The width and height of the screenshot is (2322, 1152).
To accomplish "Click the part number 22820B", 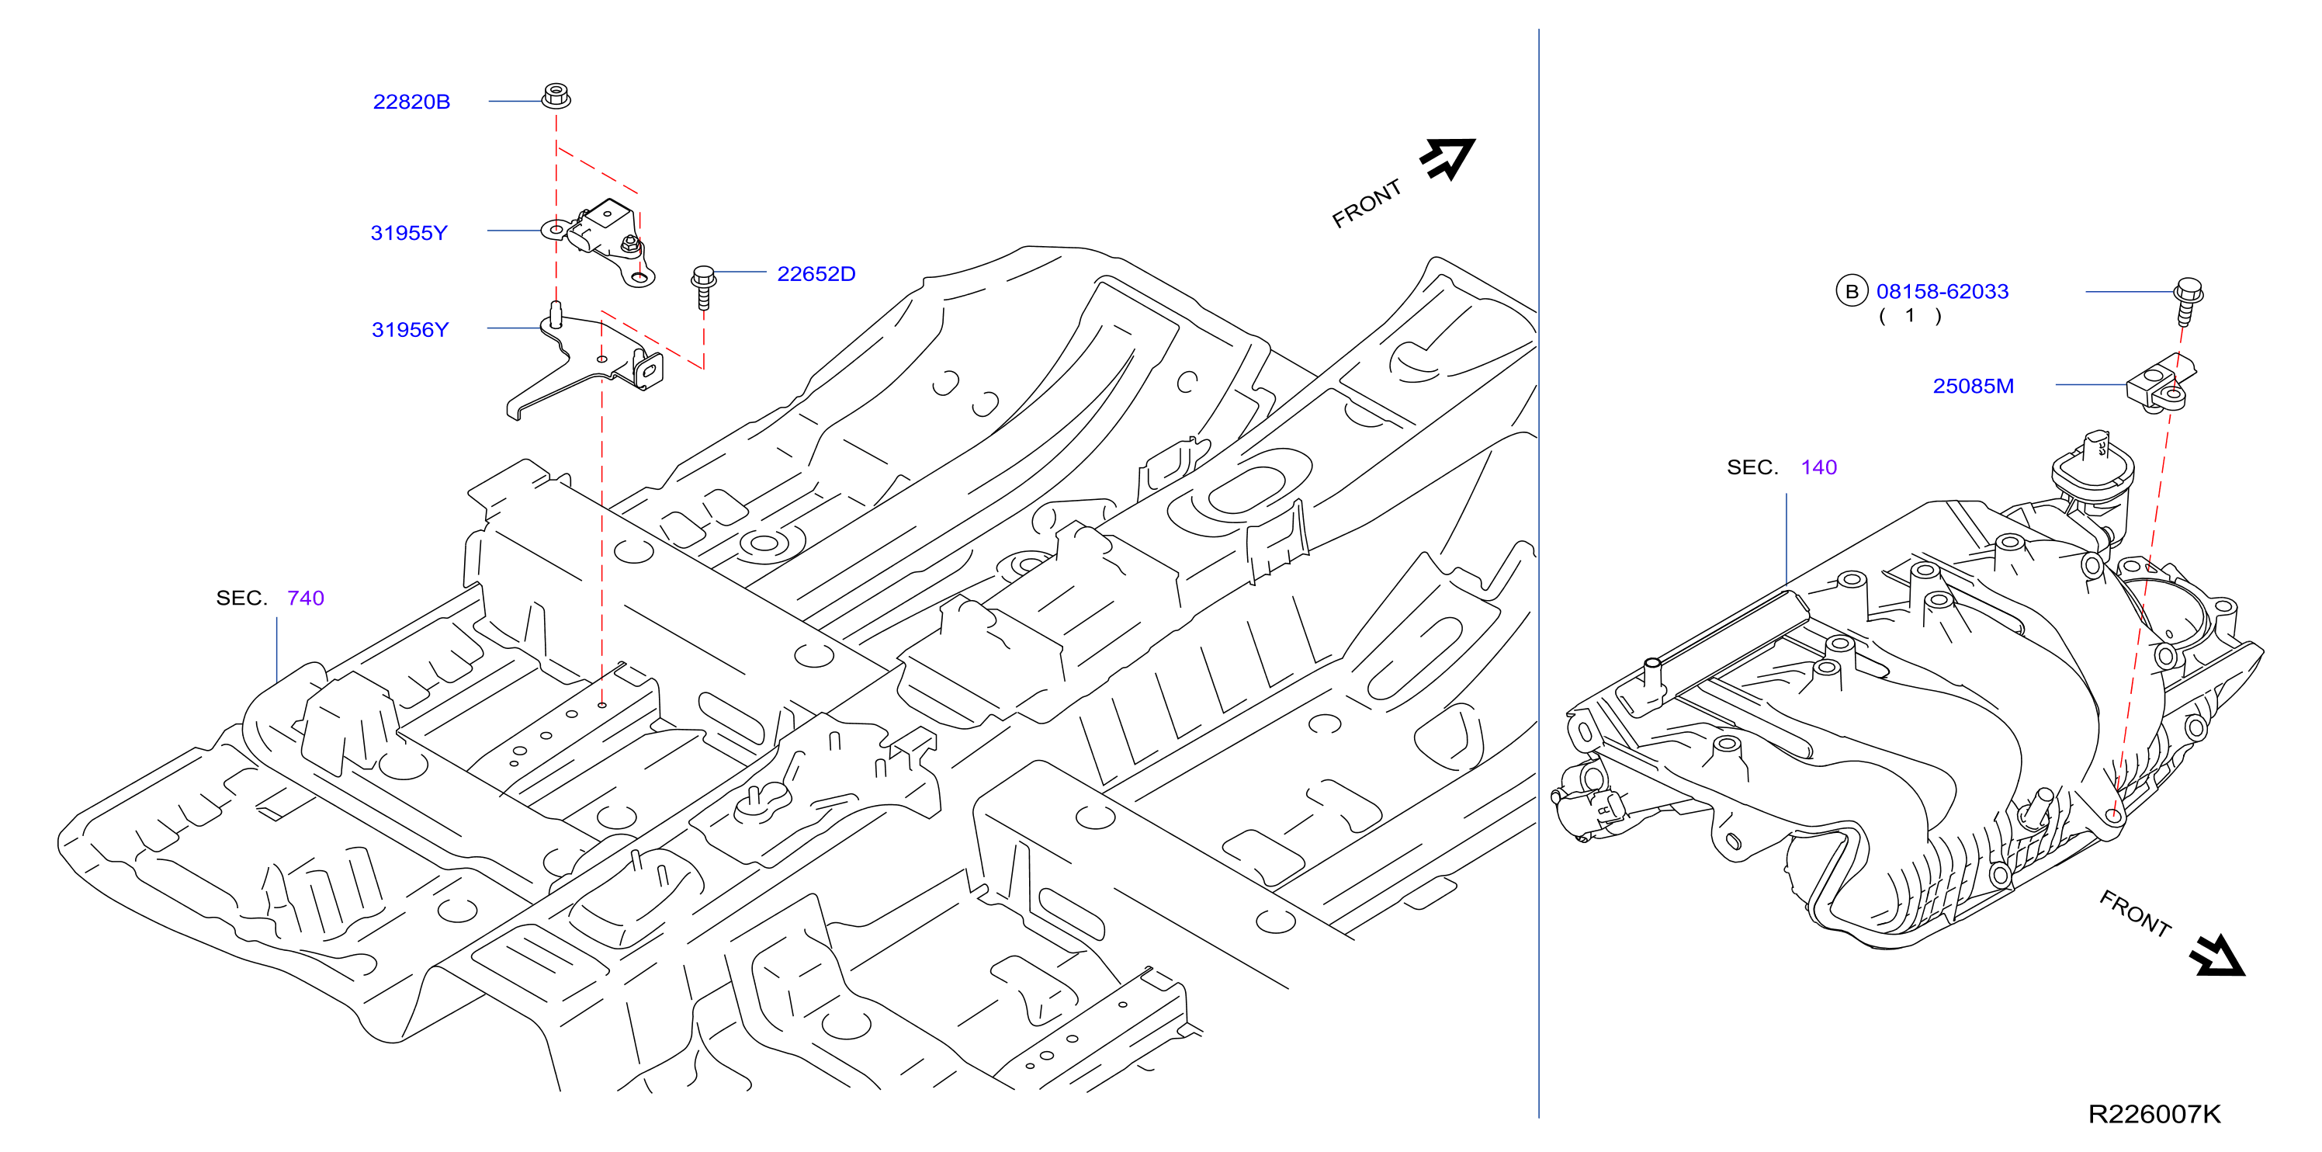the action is click(x=411, y=102).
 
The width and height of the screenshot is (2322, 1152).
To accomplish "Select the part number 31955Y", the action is click(x=408, y=233).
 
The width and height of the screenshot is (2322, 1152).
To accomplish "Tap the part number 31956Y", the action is click(x=409, y=330).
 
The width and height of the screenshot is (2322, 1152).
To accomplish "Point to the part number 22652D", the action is click(x=816, y=274).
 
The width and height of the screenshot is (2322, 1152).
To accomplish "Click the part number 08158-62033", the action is click(x=1943, y=291).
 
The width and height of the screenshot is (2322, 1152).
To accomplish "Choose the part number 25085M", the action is click(x=1974, y=386).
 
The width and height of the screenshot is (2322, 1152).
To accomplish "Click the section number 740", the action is click(x=306, y=598).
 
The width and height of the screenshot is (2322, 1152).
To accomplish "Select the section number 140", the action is click(x=1819, y=467).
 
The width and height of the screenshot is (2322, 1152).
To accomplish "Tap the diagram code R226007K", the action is click(x=2154, y=1114).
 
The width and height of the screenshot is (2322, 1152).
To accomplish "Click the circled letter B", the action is click(x=1852, y=291).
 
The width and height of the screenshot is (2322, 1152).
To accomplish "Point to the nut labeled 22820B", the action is click(x=556, y=95).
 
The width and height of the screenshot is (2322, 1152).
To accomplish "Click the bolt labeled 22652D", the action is click(x=704, y=286).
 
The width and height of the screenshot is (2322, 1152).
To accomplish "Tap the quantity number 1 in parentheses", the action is click(x=1909, y=315).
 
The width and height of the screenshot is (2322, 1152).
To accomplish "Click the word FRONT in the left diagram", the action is click(x=1367, y=203).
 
